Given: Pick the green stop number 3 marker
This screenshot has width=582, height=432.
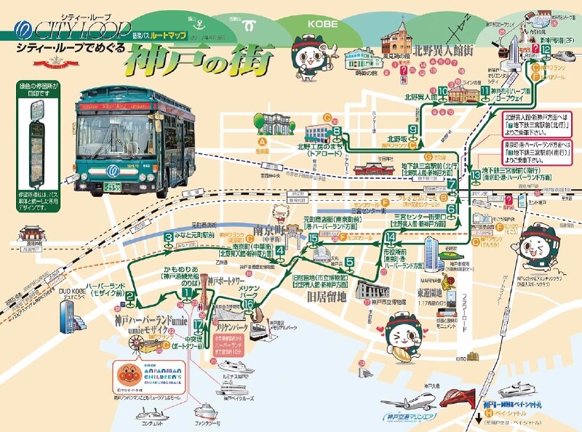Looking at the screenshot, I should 168,236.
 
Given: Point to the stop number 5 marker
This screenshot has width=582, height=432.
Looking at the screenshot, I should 350,263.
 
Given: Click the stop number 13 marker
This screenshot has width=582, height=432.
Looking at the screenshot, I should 476,175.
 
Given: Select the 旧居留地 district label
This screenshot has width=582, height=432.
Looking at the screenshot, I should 319,295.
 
